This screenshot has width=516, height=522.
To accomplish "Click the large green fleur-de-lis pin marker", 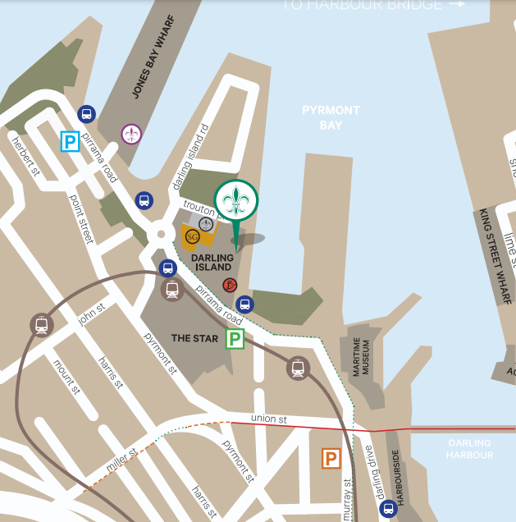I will pyautogui.click(x=236, y=201).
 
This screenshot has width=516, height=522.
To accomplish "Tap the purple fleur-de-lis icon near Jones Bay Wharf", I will pyautogui.click(x=131, y=133).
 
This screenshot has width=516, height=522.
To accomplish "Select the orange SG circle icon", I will pyautogui.click(x=193, y=236).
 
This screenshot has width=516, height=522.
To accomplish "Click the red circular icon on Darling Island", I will pyautogui.click(x=231, y=285).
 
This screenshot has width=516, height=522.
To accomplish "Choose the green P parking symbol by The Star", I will pyautogui.click(x=235, y=338).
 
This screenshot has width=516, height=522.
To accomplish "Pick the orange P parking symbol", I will pyautogui.click(x=331, y=459).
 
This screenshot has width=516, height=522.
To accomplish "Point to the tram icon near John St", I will pyautogui.click(x=40, y=325).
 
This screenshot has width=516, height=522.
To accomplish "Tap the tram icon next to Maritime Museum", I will pyautogui.click(x=298, y=369).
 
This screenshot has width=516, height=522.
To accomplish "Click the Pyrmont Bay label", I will pyautogui.click(x=331, y=117).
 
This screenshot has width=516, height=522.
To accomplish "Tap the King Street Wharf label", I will pyautogui.click(x=494, y=256).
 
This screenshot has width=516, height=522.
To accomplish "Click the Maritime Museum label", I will pyautogui.click(x=363, y=359).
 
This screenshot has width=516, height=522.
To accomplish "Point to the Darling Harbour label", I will pyautogui.click(x=470, y=449).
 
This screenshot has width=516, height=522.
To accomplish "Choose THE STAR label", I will pyautogui.click(x=192, y=337).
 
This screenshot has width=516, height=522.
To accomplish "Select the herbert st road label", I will pyautogui.click(x=25, y=156).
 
